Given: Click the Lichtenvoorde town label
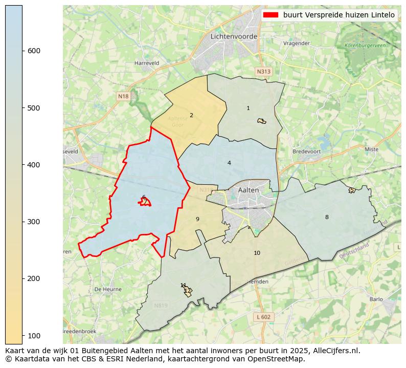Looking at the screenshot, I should (234, 36).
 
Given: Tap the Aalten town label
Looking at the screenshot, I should (249, 190).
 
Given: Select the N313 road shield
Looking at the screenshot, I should (263, 72).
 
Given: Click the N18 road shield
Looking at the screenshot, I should (123, 96).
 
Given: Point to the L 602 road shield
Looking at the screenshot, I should (263, 317).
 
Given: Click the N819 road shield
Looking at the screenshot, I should (161, 306).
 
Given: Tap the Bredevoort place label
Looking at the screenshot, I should (306, 151).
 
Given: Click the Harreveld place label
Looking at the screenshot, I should (147, 63).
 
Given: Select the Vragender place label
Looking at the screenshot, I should (297, 44).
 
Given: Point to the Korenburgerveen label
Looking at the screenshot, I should (365, 46).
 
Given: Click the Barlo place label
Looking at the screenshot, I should (375, 299).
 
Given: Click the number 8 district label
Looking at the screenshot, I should (327, 217).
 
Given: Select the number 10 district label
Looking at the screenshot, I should (257, 253).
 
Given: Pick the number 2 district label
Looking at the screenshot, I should (191, 115).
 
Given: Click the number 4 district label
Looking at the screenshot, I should (229, 163).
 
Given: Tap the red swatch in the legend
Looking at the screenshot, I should (270, 15).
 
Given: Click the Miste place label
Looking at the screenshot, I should (372, 149).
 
